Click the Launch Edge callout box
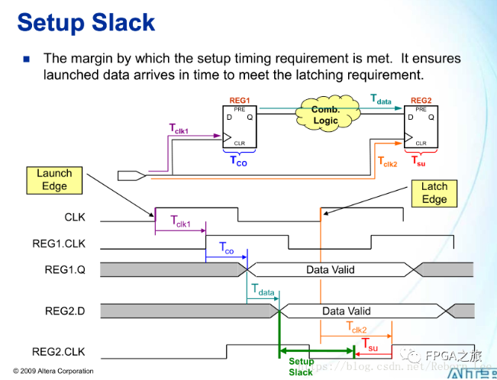(x=53, y=180)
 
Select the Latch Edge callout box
(x=434, y=193)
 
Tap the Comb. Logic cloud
(x=325, y=115)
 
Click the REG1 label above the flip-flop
(x=240, y=101)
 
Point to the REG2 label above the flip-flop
(x=421, y=101)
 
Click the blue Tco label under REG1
(x=239, y=161)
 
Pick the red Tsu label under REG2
(x=419, y=161)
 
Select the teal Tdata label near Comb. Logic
(x=381, y=99)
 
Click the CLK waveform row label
(x=75, y=217)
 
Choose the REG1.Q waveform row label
(x=65, y=269)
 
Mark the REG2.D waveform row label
(x=65, y=311)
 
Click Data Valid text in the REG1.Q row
(x=330, y=269)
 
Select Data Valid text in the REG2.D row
(x=346, y=311)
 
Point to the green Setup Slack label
(x=301, y=367)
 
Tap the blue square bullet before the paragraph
(x=27, y=58)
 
